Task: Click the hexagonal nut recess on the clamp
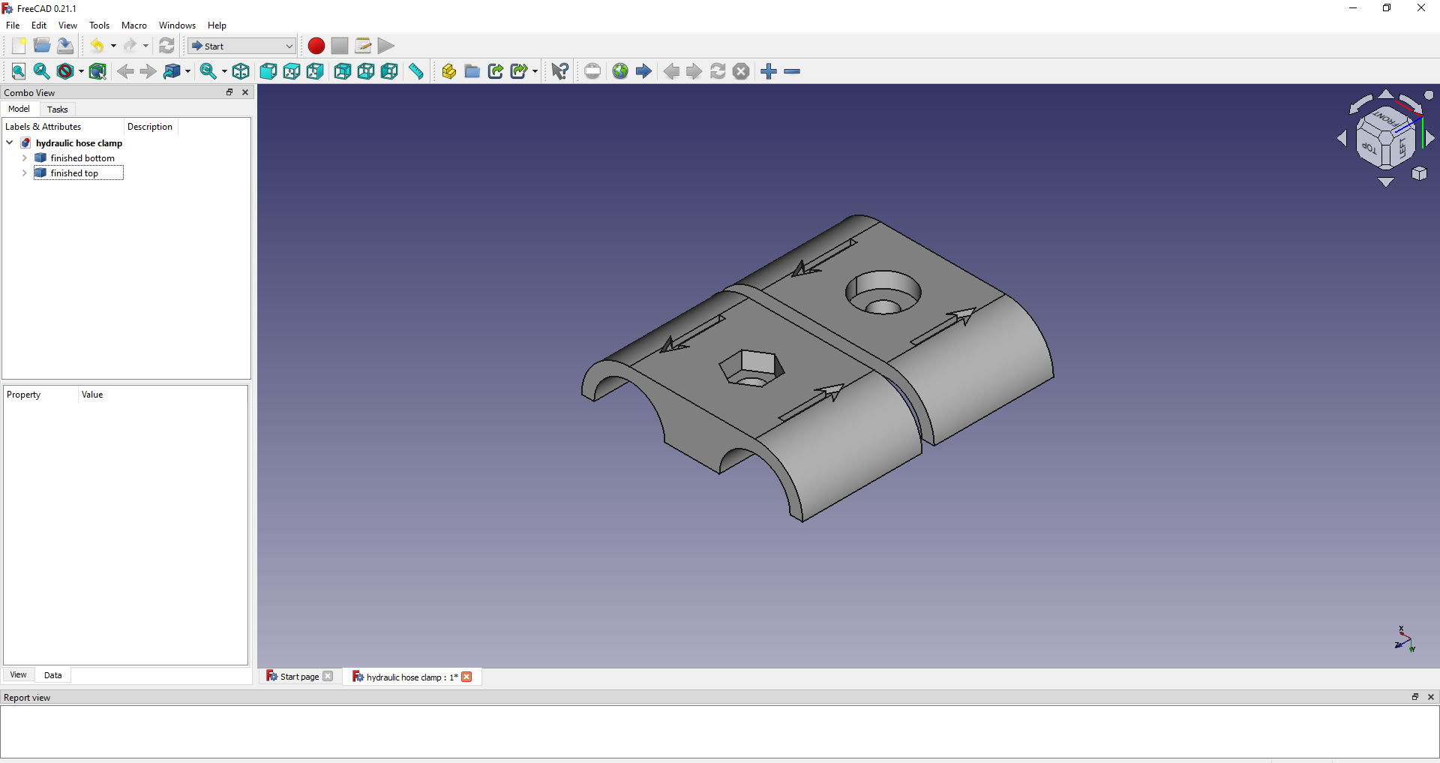click(x=751, y=368)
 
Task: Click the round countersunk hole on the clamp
click(x=883, y=293)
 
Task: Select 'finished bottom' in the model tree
click(x=82, y=158)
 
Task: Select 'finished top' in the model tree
click(x=74, y=173)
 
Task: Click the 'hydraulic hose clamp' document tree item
click(x=79, y=143)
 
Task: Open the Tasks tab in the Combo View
click(x=57, y=110)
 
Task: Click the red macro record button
click(x=316, y=46)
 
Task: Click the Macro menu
click(x=134, y=26)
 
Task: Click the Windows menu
click(x=177, y=26)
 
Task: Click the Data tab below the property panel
click(x=52, y=675)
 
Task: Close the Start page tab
click(x=328, y=677)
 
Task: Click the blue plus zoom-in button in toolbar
click(x=769, y=71)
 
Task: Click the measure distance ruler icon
click(x=416, y=71)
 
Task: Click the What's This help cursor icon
click(x=559, y=71)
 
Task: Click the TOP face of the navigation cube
click(x=1369, y=148)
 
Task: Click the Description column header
click(x=150, y=127)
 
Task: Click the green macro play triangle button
click(x=386, y=46)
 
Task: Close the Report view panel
click(x=1431, y=697)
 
